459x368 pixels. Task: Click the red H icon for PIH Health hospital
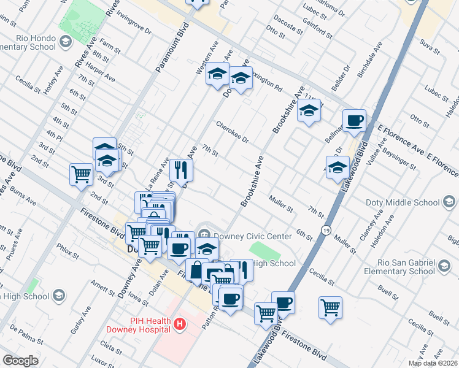[x=180, y=323]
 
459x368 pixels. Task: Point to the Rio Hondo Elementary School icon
[x=66, y=41]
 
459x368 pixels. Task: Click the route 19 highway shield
[x=325, y=229]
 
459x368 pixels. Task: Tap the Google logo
[x=21, y=361]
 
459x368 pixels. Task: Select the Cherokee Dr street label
[x=231, y=131]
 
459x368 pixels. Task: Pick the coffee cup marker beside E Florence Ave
[x=354, y=120]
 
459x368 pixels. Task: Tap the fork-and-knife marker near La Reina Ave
[x=181, y=169]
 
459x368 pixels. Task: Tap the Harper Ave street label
[x=100, y=74]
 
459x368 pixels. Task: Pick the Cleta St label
[x=110, y=348]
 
